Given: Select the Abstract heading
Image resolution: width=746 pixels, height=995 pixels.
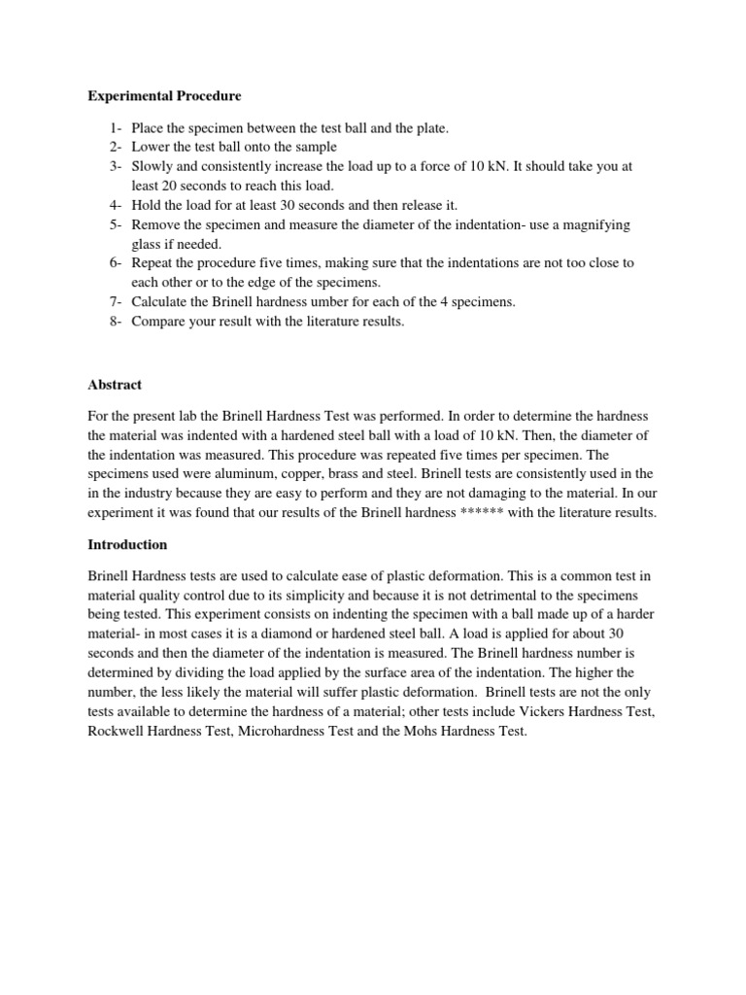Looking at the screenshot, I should click(115, 385).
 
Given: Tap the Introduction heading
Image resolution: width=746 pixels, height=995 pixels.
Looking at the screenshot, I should click(127, 544).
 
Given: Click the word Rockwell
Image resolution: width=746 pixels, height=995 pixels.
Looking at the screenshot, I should click(116, 732).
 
